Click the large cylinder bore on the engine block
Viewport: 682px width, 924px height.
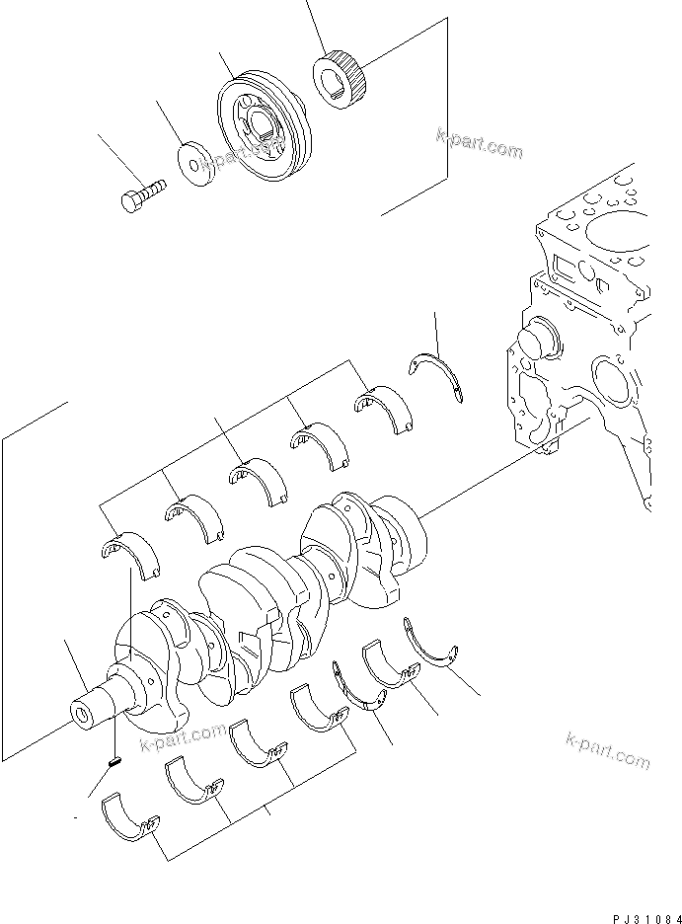coord(612,237)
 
